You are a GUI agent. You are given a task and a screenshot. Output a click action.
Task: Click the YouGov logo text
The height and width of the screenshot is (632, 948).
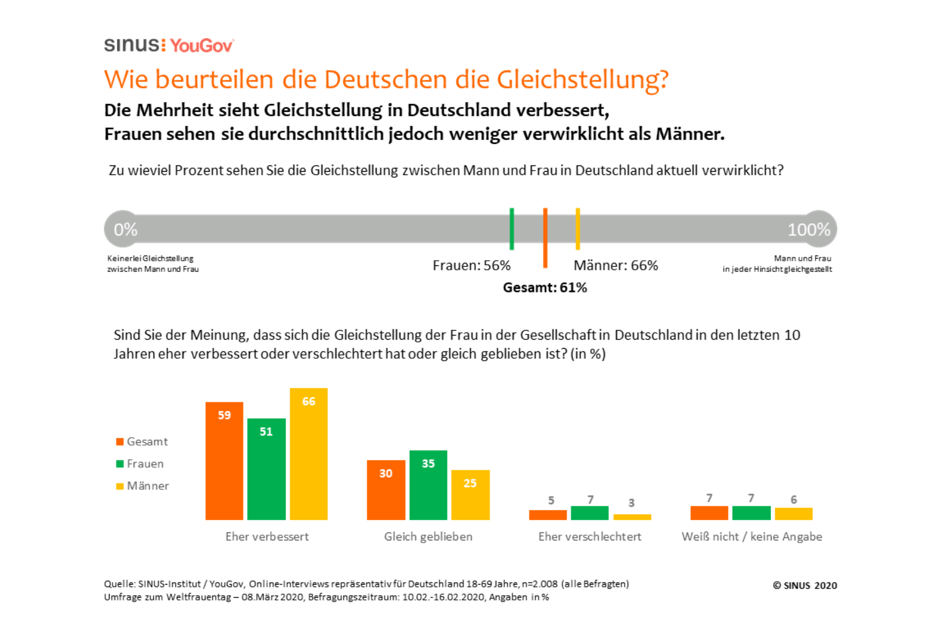click(x=201, y=46)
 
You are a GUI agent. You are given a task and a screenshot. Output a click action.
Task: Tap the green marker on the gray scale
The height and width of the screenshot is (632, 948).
click(x=511, y=229)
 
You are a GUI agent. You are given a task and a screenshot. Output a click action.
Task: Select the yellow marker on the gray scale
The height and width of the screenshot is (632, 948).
click(x=578, y=229)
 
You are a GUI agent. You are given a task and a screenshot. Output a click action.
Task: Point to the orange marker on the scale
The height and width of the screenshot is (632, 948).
click(x=545, y=237)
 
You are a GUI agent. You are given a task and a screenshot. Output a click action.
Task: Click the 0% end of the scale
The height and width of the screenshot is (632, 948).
click(x=125, y=229)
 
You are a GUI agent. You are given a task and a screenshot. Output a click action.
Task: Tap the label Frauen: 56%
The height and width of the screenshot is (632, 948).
click(x=471, y=265)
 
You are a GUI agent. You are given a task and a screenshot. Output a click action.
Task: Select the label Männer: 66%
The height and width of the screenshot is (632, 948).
click(x=616, y=265)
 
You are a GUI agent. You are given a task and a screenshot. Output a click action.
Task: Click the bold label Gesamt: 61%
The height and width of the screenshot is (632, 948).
click(x=545, y=288)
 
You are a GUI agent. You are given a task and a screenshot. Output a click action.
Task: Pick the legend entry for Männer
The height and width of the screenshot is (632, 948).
click(x=142, y=486)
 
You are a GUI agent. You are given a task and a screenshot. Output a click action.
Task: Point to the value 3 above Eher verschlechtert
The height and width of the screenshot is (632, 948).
click(x=631, y=503)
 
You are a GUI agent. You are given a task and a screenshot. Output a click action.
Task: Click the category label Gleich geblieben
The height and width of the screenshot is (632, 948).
click(x=428, y=537)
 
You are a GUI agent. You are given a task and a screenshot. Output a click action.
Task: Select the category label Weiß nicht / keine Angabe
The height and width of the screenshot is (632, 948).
click(x=752, y=537)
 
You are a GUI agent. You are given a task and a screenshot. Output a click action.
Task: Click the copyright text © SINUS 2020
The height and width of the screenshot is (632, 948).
click(x=804, y=586)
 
